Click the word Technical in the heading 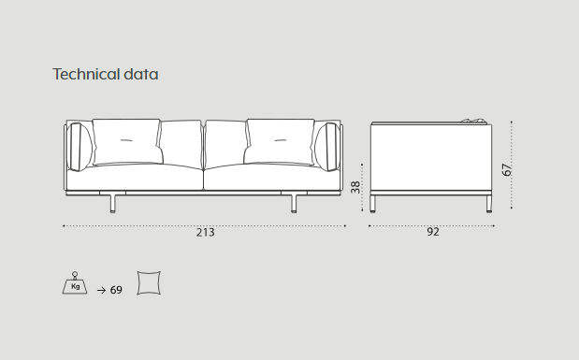86,74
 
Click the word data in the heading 141,74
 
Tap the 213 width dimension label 205,232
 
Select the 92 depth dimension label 433,232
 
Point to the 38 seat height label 355,187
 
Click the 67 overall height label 507,169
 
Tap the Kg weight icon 75,282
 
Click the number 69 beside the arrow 116,290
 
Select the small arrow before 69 101,291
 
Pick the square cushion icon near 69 149,282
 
